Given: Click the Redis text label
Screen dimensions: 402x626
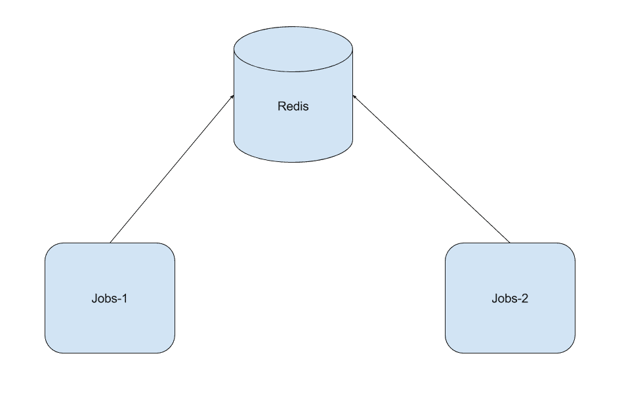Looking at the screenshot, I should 293,106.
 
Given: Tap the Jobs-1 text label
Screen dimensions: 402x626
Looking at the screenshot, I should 110,298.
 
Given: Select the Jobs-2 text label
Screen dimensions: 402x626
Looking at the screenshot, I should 510,298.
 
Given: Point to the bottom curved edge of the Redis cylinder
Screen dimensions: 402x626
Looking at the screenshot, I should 293,159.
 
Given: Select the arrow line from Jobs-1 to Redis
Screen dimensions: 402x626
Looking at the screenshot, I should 172,169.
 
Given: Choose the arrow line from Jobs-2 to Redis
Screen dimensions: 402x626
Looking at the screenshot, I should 432,169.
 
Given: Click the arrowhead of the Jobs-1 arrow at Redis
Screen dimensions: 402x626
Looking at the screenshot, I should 232,97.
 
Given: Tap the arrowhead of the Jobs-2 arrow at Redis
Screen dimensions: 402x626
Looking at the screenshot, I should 354,97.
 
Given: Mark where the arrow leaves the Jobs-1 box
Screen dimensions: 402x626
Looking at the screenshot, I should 110,243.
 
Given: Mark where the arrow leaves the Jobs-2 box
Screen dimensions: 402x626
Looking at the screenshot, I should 509,243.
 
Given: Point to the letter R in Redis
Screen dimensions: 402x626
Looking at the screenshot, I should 282,106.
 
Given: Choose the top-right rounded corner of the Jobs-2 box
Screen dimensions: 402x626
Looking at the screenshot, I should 570,249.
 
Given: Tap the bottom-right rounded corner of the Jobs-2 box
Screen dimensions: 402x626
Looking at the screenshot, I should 570,348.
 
